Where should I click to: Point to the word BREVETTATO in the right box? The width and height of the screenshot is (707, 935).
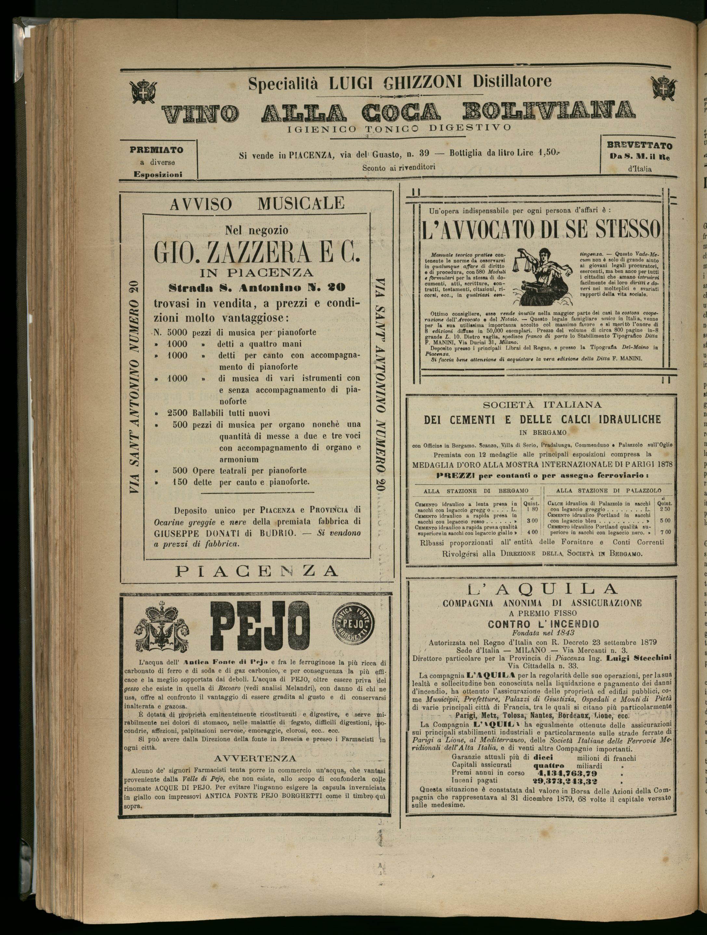pyautogui.click(x=639, y=145)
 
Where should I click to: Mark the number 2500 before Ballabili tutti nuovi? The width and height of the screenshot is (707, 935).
pyautogui.click(x=177, y=413)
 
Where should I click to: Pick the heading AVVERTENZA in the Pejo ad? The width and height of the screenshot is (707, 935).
pyautogui.click(x=255, y=747)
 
